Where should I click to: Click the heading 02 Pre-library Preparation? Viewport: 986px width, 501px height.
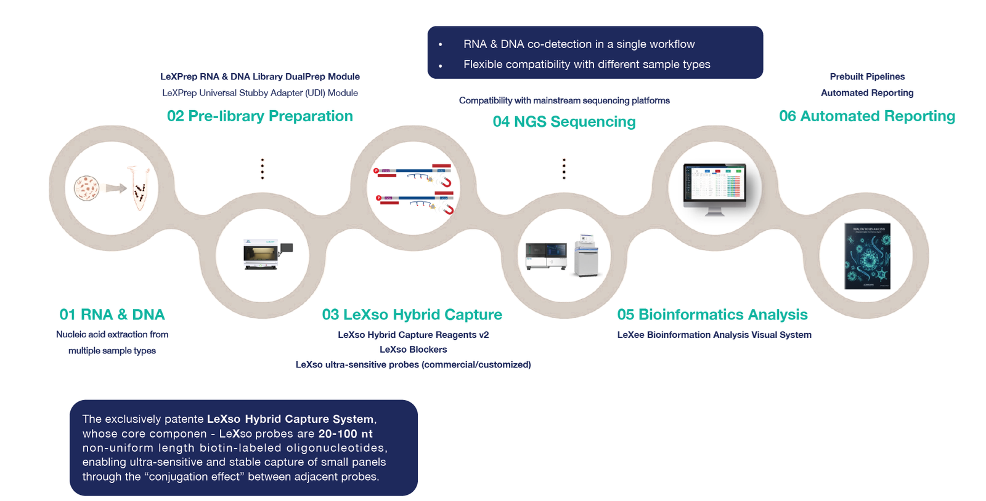point(259,116)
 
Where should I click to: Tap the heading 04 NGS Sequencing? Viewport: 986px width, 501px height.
point(564,122)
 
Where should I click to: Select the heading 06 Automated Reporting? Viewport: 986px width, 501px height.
point(866,116)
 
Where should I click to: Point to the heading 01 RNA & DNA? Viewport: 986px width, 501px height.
point(112,315)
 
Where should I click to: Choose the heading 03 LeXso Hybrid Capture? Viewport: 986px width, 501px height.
point(412,315)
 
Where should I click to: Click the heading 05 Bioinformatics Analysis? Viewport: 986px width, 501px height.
point(712,315)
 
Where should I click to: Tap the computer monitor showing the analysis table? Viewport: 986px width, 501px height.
point(715,184)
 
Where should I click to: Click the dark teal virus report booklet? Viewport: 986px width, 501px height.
point(867,256)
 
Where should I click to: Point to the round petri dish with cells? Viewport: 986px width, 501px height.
point(87,188)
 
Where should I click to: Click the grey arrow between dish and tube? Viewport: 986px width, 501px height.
point(116,188)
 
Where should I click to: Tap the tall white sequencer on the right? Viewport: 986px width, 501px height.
point(585,255)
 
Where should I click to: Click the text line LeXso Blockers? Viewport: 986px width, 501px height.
point(413,350)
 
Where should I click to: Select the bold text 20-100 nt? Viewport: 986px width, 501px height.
point(345,434)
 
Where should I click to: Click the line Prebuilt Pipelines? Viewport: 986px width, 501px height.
point(866,77)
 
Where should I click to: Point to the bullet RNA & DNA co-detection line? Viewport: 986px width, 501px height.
point(579,44)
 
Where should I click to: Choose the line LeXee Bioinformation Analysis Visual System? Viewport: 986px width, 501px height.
point(714,335)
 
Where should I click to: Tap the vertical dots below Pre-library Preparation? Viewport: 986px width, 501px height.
point(263,169)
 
